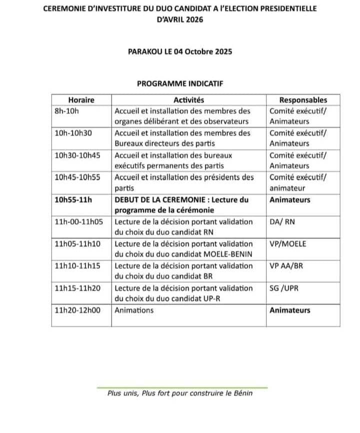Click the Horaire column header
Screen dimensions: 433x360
click(81, 100)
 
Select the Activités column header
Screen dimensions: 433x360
click(188, 100)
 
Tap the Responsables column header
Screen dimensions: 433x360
click(303, 100)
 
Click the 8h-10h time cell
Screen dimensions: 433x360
click(66, 111)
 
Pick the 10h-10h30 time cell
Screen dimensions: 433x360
click(73, 133)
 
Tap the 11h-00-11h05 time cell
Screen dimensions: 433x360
click(79, 221)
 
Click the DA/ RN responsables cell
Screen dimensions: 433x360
click(282, 221)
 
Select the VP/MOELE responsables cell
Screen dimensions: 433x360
click(288, 243)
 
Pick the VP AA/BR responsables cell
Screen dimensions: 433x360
click(286, 265)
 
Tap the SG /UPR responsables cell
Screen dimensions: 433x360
click(284, 288)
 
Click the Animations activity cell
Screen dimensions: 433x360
click(134, 310)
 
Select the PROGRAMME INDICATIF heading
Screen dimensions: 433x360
click(179, 83)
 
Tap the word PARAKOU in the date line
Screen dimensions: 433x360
click(144, 51)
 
